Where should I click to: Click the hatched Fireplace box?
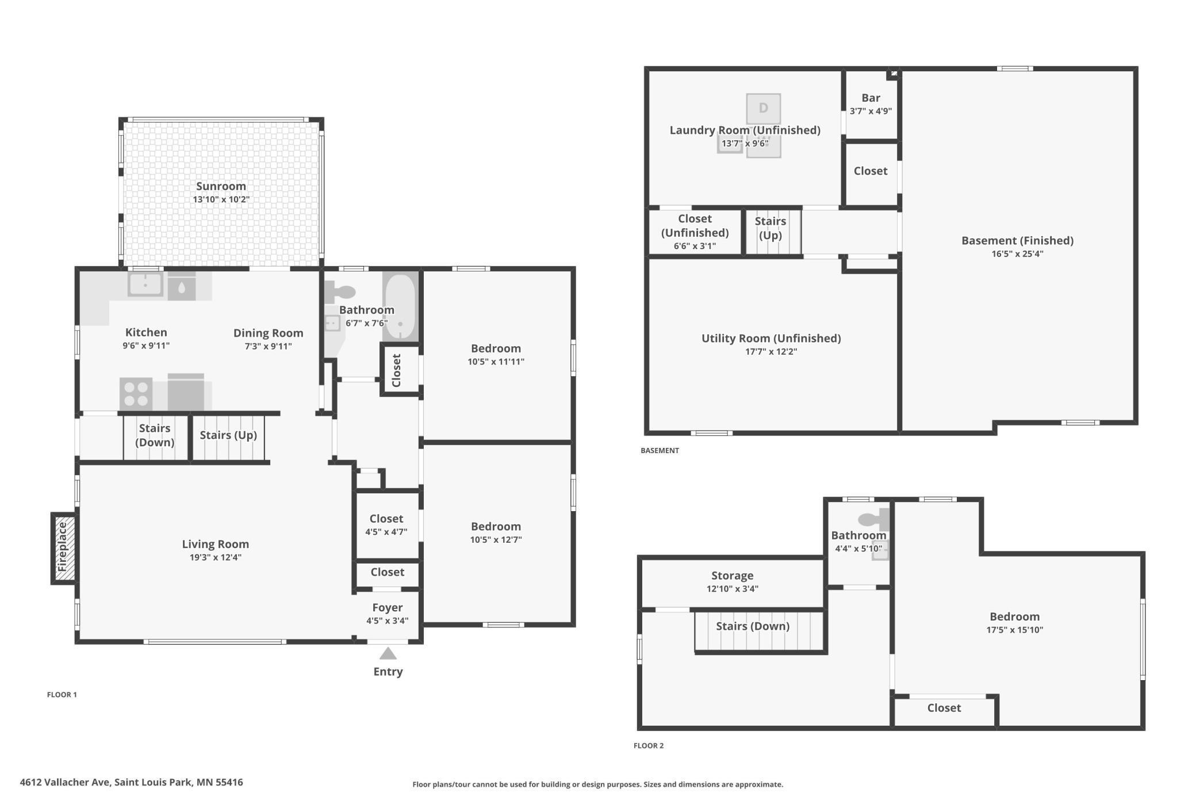click(x=64, y=548)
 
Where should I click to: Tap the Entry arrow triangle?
click(x=388, y=653)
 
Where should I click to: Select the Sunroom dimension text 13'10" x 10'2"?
click(x=221, y=200)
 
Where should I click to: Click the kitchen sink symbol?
click(x=145, y=285)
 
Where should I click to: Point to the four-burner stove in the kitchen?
click(x=136, y=394)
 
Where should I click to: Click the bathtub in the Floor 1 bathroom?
click(x=400, y=307)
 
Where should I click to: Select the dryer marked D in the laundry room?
click(x=764, y=108)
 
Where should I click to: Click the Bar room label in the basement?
click(x=871, y=98)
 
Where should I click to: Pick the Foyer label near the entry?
click(x=388, y=607)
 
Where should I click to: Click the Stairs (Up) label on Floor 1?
click(x=228, y=435)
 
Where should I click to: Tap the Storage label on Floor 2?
click(x=732, y=576)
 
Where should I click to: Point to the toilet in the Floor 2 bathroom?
click(x=873, y=520)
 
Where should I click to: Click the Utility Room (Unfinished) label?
click(x=771, y=338)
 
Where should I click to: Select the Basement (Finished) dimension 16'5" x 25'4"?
click(x=1017, y=254)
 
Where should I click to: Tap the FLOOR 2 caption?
click(x=649, y=746)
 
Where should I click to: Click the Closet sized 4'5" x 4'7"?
click(x=386, y=524)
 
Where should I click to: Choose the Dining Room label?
click(x=268, y=333)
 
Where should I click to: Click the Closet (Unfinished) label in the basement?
click(x=695, y=225)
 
